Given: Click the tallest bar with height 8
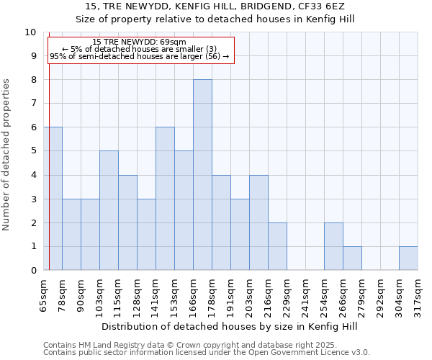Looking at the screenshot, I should click(x=202, y=175).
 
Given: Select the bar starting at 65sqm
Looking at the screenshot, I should click(x=53, y=199).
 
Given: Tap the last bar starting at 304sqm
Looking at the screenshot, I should click(x=408, y=258).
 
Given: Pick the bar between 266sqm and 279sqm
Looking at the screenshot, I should click(x=352, y=258).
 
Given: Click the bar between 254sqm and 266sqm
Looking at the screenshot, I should click(x=333, y=246).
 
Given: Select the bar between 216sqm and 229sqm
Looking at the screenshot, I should click(x=277, y=246).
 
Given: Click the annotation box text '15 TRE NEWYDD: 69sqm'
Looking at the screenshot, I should click(x=140, y=42).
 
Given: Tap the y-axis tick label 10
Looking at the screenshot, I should click(x=30, y=32).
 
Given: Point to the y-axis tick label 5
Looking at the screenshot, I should click(x=33, y=151).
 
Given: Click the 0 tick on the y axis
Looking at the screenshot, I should click(x=33, y=271).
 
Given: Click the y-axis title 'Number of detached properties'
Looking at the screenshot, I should click(x=6, y=156).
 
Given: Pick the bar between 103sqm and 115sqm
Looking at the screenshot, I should click(x=109, y=210).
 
